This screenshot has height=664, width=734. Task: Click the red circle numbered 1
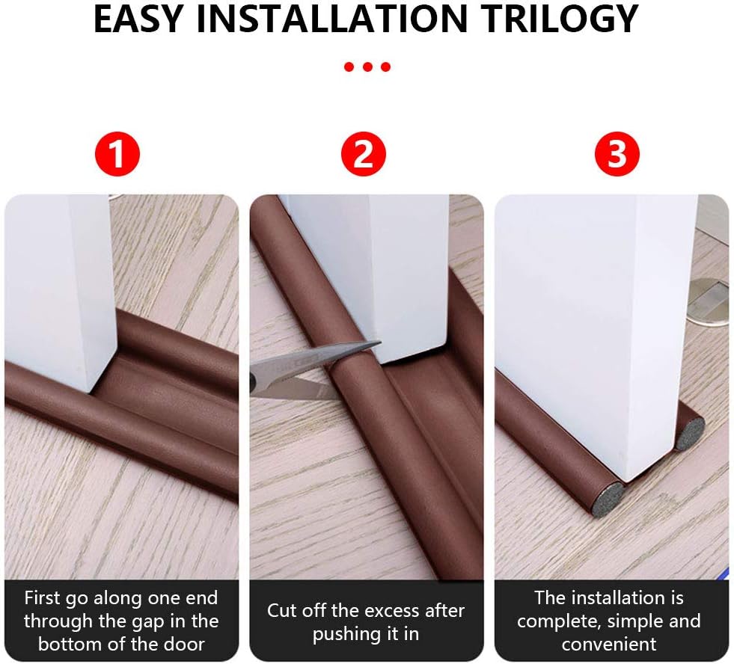click(117, 153)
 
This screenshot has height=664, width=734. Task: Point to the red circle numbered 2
click(363, 153)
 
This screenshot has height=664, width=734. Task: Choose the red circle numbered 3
click(617, 153)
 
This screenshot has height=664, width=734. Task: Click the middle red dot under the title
click(367, 67)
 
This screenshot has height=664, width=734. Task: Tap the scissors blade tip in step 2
click(380, 344)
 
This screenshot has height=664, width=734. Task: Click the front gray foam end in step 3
click(606, 499)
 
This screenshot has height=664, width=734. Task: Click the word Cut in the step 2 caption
click(281, 611)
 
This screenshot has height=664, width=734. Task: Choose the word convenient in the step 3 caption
click(609, 645)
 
